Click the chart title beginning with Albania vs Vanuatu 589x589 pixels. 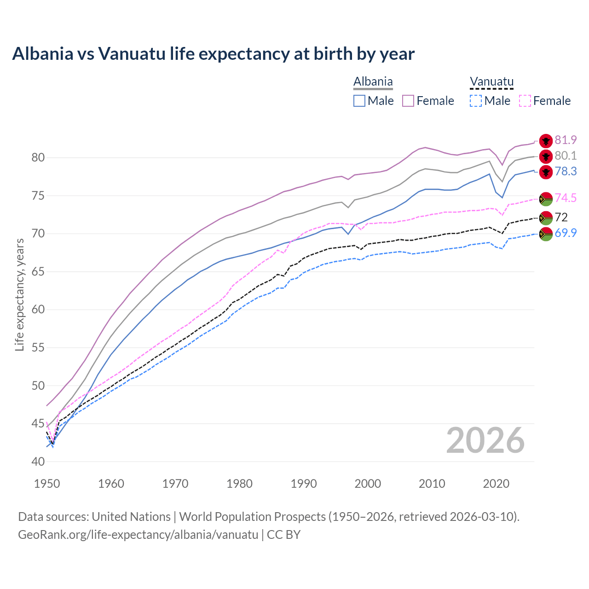(213, 54)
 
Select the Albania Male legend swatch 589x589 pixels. (359, 101)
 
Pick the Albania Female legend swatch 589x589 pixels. (408, 101)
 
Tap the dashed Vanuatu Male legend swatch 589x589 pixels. (476, 101)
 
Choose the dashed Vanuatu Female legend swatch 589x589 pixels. (525, 101)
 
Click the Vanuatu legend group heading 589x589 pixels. (491, 82)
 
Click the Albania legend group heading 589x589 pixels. (373, 82)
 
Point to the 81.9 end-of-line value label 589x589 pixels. (566, 140)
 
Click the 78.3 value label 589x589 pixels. (566, 171)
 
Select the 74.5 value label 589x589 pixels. (566, 198)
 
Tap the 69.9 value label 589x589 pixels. (566, 233)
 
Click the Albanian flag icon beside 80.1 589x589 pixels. (546, 156)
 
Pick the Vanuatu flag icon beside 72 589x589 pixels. (546, 217)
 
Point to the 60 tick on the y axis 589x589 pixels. (38, 309)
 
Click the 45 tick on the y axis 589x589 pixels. (38, 423)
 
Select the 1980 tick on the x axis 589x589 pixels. (240, 484)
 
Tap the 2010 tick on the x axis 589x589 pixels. (432, 484)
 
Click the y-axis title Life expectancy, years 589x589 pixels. (19, 294)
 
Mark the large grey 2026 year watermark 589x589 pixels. (485, 440)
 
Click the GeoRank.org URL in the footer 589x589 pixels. (138, 535)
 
